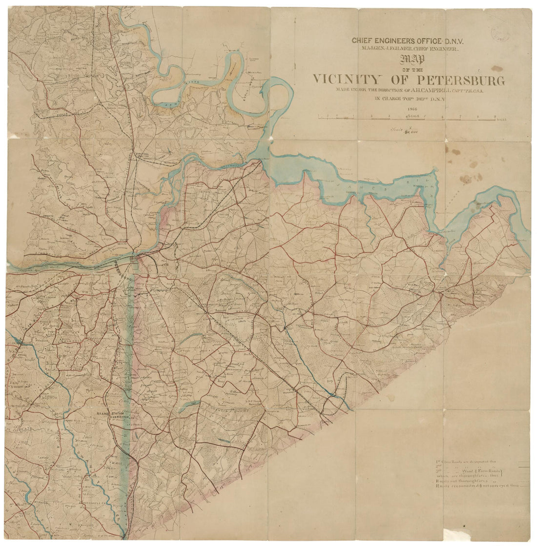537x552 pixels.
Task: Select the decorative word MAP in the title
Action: (412, 60)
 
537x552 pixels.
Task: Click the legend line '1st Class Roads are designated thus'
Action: (468, 461)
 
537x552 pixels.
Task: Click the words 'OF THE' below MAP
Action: (412, 69)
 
